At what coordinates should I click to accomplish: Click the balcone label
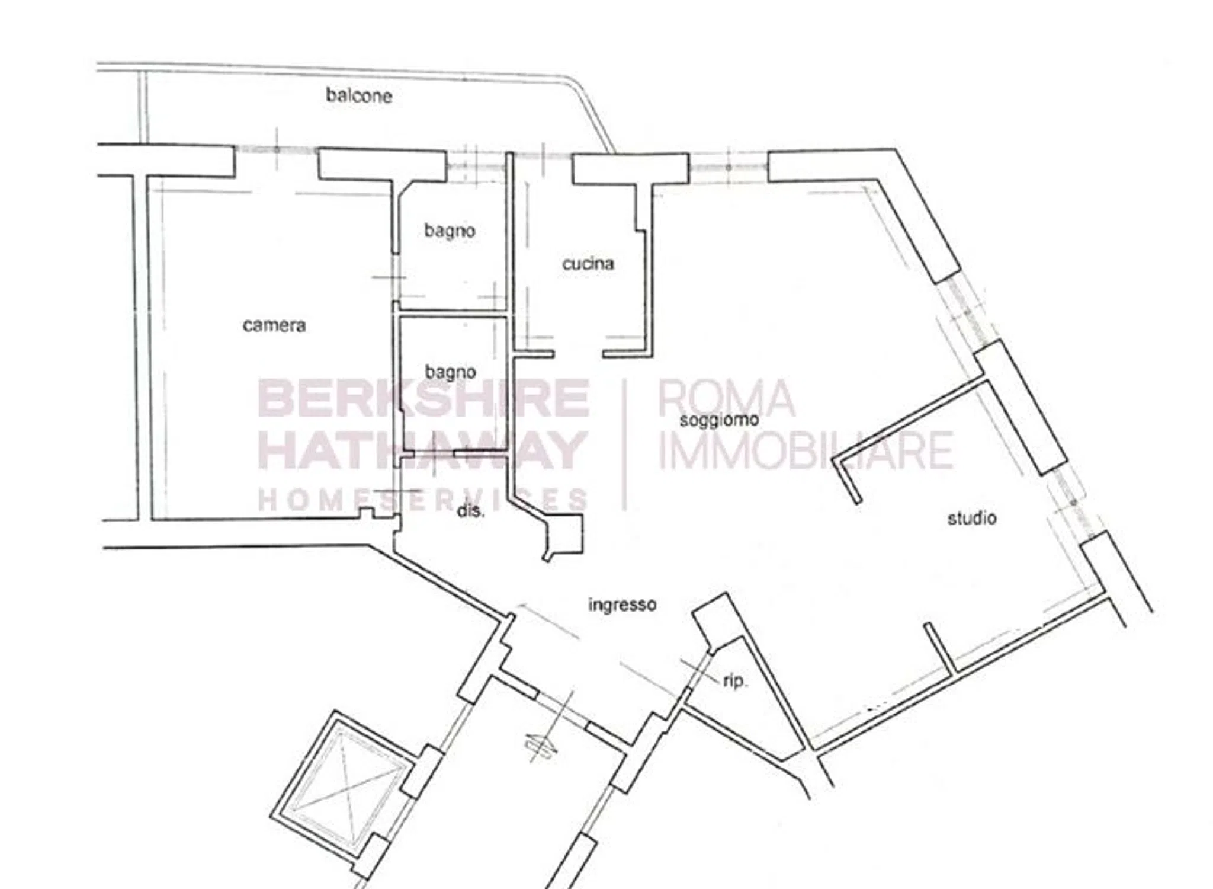359,95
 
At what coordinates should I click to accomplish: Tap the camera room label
274,325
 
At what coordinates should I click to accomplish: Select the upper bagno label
450,231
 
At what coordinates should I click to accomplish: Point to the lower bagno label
451,372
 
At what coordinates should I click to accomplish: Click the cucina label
588,264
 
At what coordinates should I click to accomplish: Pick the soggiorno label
720,420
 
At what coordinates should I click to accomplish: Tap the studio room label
972,518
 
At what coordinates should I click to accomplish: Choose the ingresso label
622,605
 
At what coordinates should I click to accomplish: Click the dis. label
471,510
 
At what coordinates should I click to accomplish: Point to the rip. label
736,682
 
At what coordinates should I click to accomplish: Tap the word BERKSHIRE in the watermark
423,399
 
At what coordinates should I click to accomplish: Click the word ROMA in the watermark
726,398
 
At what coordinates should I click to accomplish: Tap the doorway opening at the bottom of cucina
579,354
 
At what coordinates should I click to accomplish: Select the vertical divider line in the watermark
625,444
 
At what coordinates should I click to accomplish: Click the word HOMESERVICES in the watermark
423,499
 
